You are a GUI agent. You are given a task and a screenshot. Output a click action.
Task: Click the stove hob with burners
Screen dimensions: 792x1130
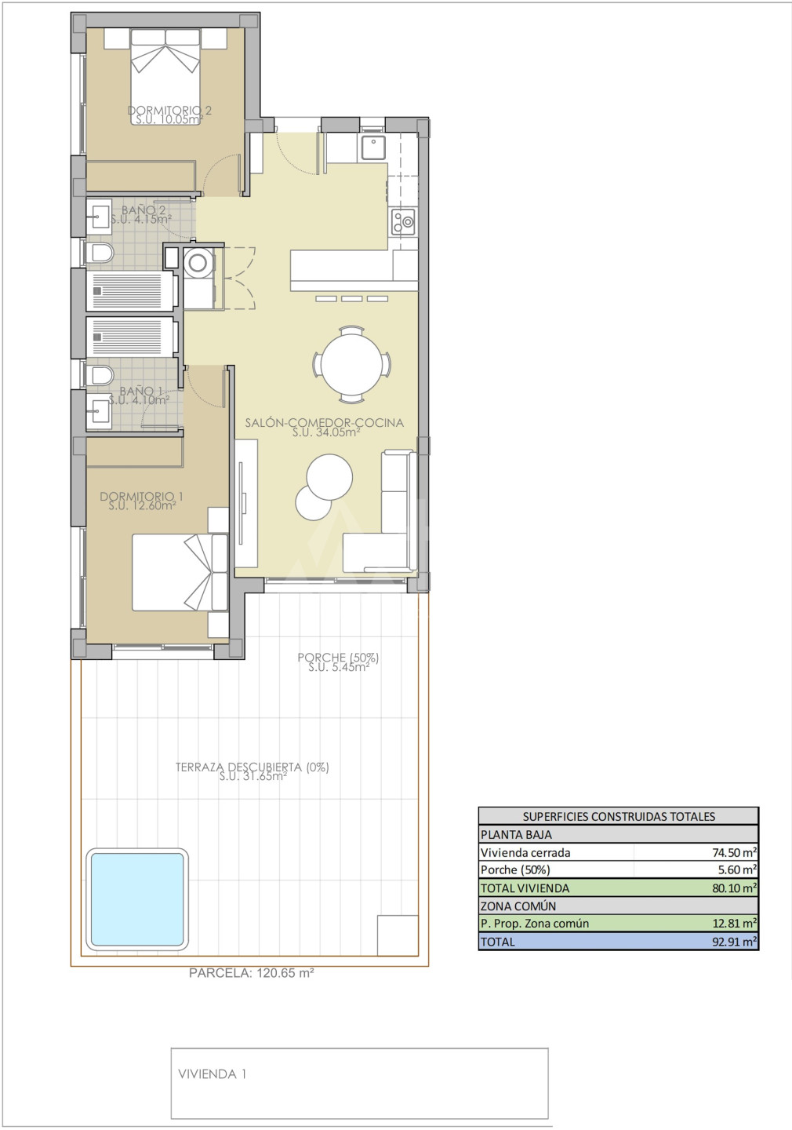click(x=403, y=223)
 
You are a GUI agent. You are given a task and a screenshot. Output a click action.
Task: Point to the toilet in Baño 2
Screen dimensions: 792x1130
click(x=100, y=252)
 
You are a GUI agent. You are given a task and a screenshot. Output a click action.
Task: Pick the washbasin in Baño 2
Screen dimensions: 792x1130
click(x=98, y=214)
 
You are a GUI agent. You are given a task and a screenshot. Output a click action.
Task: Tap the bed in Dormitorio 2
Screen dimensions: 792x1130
click(x=166, y=76)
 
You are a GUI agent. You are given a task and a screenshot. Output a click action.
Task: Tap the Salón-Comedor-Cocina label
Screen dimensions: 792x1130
click(x=325, y=423)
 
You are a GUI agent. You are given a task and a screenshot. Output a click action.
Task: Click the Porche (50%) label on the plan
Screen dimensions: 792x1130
click(x=338, y=658)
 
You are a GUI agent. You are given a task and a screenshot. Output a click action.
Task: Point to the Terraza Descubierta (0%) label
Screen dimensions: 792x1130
click(x=252, y=767)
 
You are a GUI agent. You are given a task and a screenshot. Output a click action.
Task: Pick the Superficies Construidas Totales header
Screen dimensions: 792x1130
click(x=619, y=816)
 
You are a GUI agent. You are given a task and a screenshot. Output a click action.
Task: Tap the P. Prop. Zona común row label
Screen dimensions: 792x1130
click(x=534, y=923)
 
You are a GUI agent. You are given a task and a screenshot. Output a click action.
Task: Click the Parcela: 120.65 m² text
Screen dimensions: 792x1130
click(x=252, y=973)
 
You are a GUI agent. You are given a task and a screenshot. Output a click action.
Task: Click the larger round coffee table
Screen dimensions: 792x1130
click(x=329, y=477)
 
